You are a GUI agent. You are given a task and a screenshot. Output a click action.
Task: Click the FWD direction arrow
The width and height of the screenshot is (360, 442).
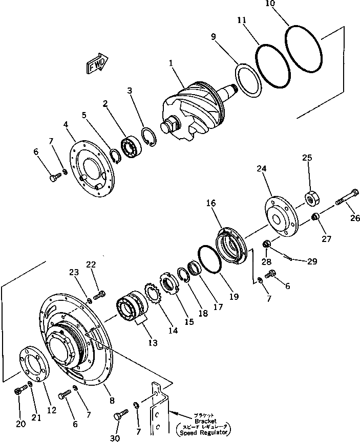(x=96, y=64)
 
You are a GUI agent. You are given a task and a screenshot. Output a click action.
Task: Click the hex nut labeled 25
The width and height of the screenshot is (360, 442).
(x=310, y=197)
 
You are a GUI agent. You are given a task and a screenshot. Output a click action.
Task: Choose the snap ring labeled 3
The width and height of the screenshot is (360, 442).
(x=150, y=141)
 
